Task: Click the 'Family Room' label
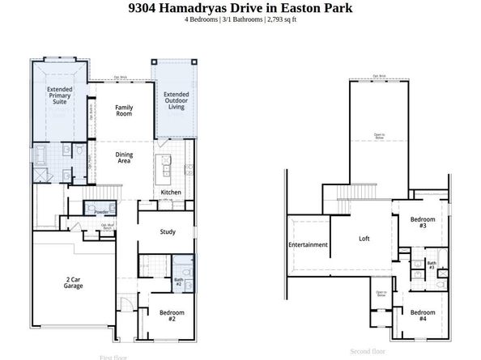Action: [x=124, y=111]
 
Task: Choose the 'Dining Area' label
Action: [x=124, y=159]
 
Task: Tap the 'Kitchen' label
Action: [x=171, y=192]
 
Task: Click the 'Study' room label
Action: [x=168, y=232]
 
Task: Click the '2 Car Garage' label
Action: [x=73, y=283]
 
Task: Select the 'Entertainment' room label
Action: [x=309, y=244]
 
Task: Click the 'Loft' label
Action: [x=364, y=239]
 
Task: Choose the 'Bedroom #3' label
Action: [x=422, y=222]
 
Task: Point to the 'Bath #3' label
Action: [x=432, y=265]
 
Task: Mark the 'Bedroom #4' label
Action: [x=422, y=316]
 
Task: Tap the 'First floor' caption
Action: [x=114, y=357]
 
